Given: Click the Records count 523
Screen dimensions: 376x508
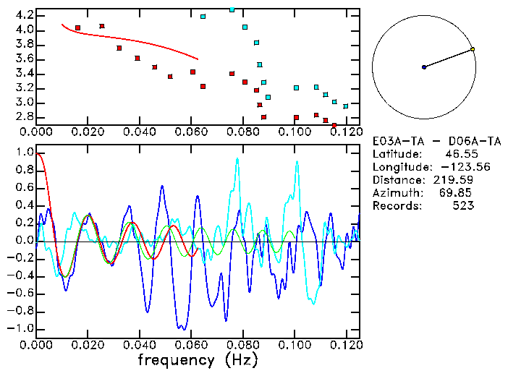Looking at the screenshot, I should pos(463,206).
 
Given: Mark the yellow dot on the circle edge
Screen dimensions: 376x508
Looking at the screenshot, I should pos(473,49).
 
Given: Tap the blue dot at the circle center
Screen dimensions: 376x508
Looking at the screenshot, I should pos(424,67).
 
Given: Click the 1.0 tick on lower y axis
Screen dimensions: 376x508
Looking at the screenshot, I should pos(24,153).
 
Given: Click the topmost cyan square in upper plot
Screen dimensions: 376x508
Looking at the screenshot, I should pos(232,9).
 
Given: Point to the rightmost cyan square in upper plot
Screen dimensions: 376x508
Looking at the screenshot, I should pos(345,106).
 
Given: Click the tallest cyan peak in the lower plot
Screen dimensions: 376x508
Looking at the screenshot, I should pos(237,159).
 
